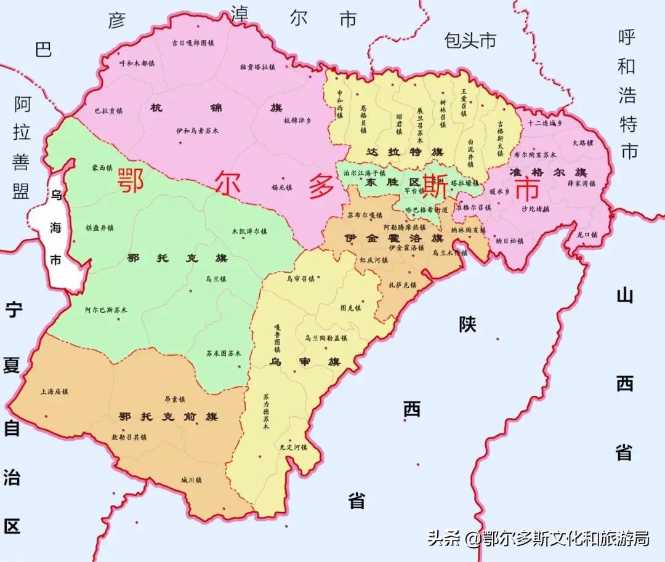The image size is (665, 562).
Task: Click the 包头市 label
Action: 470,41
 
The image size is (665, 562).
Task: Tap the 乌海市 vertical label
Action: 56,228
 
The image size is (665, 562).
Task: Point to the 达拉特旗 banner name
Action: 405,152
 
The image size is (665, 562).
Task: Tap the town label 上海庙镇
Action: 54,391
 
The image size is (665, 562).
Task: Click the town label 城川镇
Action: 191,480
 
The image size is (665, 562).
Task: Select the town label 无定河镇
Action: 292,447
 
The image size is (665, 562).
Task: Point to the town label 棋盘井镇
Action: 100,228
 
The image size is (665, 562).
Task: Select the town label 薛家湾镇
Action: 581,183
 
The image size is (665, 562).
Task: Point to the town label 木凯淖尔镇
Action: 249,231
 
